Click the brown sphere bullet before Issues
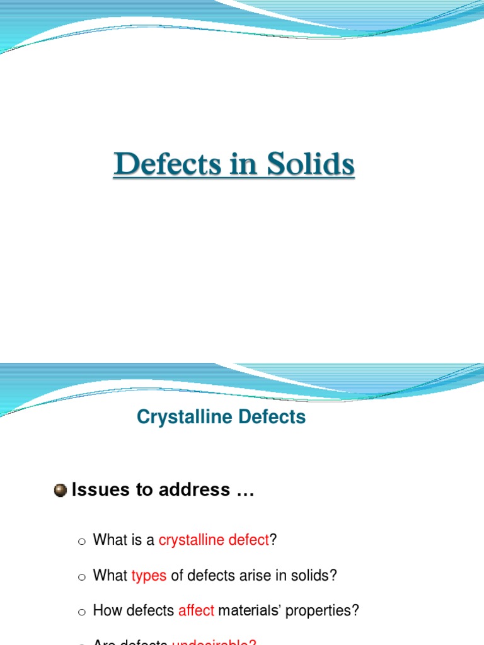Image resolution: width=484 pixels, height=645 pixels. point(60,491)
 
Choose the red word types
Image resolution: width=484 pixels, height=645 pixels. point(149,575)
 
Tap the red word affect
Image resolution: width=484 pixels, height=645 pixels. point(197,610)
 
